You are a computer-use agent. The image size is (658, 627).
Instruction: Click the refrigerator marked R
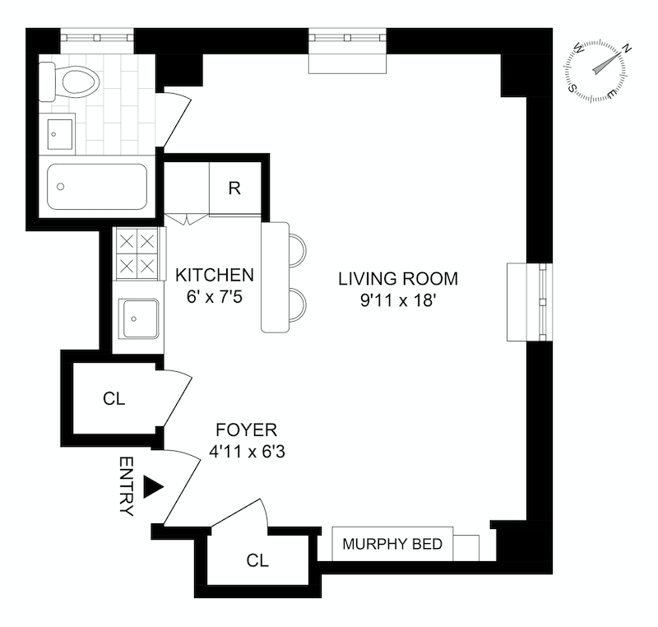[x=234, y=188]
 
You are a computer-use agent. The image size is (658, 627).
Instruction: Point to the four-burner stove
[x=136, y=253]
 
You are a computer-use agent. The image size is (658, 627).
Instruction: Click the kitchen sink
[x=137, y=319]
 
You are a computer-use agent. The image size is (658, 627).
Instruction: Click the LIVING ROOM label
[x=397, y=279]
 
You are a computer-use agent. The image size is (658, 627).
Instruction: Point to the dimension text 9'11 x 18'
[x=397, y=301]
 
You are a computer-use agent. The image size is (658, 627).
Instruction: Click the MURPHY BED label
[x=392, y=545]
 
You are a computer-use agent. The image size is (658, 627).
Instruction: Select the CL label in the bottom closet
[x=257, y=561]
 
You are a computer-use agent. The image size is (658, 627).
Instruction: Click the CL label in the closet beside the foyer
[x=114, y=399]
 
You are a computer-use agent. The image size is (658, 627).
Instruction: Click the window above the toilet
[x=96, y=38]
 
